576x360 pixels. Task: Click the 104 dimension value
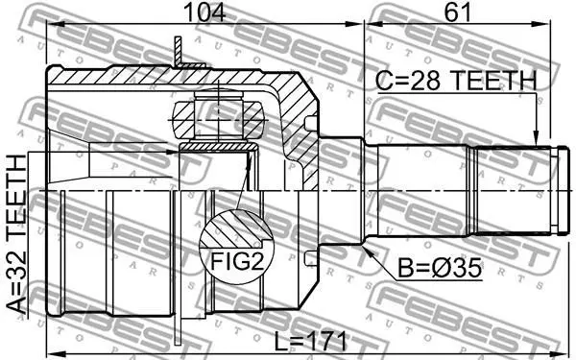204,12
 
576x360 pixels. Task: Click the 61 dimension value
457,12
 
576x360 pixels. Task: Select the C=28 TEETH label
456,81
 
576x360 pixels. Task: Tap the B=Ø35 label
440,268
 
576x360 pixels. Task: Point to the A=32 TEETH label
16,234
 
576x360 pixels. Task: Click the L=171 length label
311,341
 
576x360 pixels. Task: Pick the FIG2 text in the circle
237,261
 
